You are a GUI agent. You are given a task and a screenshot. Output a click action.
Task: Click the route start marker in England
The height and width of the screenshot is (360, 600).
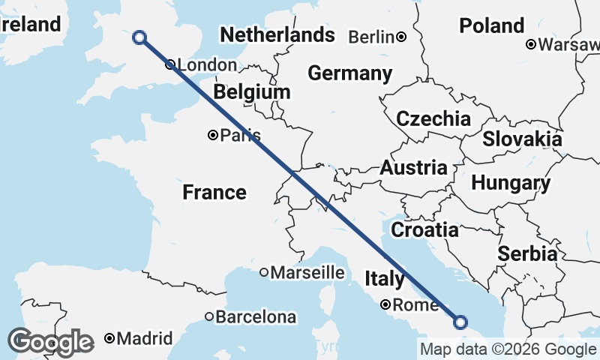tap(139, 37)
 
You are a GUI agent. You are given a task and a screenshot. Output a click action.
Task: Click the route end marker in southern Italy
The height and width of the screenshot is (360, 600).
tap(460, 322)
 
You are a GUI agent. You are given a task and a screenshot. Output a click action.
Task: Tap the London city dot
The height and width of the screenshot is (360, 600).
tap(170, 64)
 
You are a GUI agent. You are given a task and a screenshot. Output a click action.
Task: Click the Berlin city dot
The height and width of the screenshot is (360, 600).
tap(402, 37)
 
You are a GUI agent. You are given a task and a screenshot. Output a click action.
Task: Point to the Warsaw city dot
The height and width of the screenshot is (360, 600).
tap(531, 44)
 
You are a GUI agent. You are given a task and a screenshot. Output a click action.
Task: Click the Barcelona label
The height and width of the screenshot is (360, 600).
tap(256, 317)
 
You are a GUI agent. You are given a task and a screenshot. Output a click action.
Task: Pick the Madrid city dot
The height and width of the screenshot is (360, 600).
tap(110, 338)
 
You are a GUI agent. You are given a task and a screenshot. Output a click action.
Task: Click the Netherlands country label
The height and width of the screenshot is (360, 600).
tap(277, 35)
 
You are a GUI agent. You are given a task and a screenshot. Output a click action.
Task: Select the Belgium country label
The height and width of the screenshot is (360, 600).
tap(251, 92)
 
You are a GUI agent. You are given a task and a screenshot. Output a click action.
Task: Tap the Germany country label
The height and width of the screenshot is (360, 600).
tap(350, 73)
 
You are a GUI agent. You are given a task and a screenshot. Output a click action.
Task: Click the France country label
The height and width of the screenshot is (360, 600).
tap(214, 193)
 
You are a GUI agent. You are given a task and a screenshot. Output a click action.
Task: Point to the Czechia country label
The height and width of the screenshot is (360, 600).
tap(433, 119)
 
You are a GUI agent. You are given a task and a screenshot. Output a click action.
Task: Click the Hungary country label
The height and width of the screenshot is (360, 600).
tap(511, 183)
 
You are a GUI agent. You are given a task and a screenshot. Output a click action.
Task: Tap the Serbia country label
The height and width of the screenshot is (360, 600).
tap(527, 253)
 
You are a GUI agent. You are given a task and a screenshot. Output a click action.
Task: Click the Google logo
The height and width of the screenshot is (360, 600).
tap(51, 342)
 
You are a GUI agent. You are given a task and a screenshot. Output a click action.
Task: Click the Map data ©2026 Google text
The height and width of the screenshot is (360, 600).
tap(508, 349)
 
